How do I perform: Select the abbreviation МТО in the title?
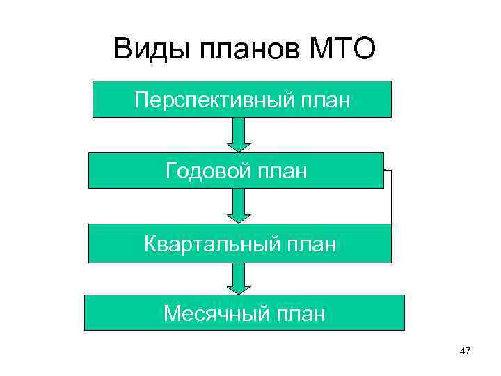pos(342,50)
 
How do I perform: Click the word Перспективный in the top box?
pos(213,100)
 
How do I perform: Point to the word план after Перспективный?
pos(325,100)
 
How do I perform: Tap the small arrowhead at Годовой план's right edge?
pos(384,169)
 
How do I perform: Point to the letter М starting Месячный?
pos(172,313)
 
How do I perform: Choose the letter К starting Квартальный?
pos(151,243)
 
